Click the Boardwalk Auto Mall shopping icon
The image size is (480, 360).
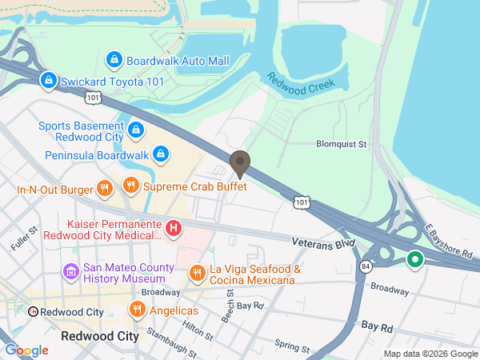[x=114, y=60]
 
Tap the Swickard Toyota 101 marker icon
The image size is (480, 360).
[x=49, y=80]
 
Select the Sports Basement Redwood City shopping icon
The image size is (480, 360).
[x=135, y=128]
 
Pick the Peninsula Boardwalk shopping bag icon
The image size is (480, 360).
[x=161, y=154]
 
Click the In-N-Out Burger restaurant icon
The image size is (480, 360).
[x=103, y=188]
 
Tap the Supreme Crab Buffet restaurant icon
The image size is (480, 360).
[x=130, y=186]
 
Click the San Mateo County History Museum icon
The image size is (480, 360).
[x=71, y=272]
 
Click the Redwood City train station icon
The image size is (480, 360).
[x=34, y=311]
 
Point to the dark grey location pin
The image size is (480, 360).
[x=240, y=164]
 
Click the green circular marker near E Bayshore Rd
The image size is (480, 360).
[x=414, y=259]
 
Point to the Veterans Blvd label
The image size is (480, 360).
[x=322, y=242]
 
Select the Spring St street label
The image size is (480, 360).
[x=292, y=347]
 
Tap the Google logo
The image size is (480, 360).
[x=26, y=350]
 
